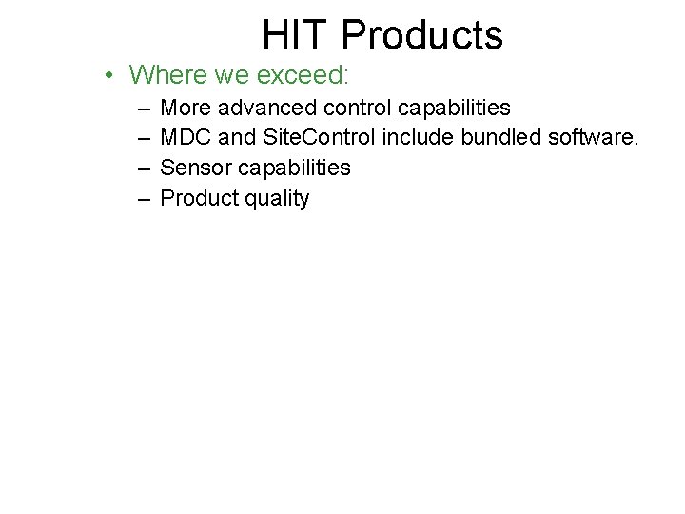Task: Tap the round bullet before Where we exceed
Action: point(112,74)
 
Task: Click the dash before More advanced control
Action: point(142,108)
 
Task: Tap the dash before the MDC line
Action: point(142,138)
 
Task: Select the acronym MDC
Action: point(186,138)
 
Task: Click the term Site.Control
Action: point(319,138)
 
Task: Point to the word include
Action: point(418,138)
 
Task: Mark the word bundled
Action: point(502,138)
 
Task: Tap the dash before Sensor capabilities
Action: point(142,168)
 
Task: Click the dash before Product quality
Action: point(142,199)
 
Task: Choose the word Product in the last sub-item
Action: point(198,199)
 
